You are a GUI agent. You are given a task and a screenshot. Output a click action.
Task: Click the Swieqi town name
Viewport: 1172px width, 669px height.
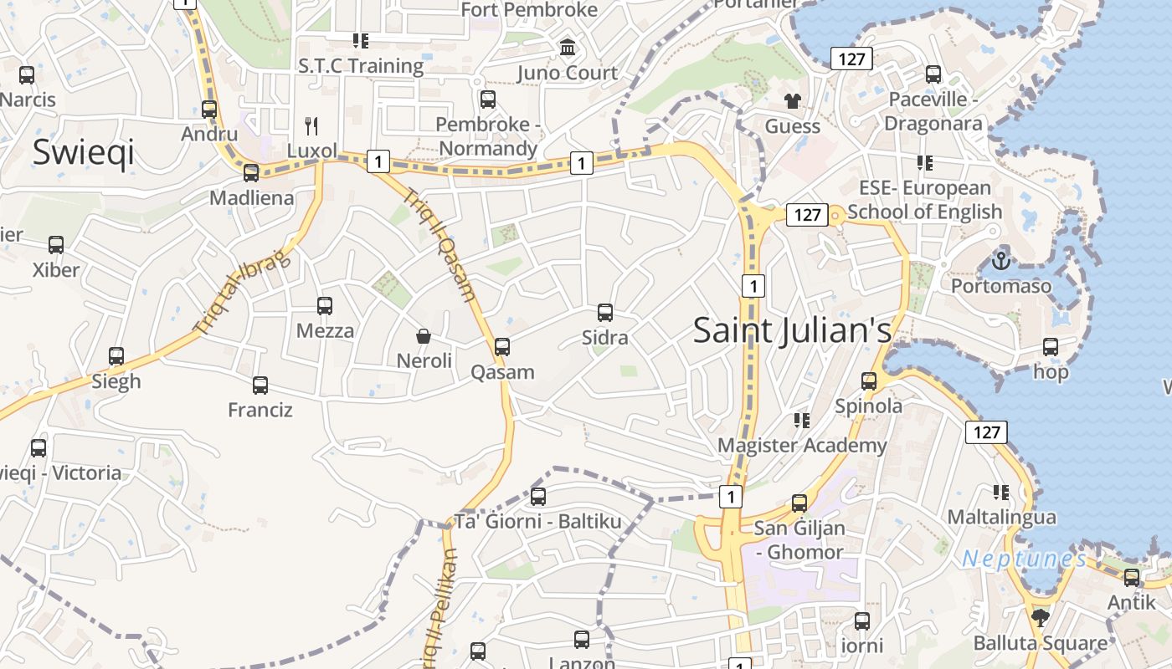coord(83,153)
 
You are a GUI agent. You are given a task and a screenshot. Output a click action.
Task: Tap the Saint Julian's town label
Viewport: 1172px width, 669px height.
coord(792,330)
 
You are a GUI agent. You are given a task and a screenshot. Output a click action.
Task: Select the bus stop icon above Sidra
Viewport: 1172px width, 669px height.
coord(605,313)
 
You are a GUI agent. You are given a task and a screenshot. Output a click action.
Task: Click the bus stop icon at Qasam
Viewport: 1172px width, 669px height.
coord(502,346)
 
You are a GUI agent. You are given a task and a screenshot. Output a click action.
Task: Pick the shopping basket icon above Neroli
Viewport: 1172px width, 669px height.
coord(424,336)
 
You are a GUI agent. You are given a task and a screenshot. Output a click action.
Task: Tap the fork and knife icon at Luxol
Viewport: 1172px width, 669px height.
coord(311,126)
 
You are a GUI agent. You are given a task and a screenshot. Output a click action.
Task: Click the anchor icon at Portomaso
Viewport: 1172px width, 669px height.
coord(1000,261)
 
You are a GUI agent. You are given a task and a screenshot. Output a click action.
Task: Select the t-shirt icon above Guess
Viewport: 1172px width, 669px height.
coord(792,101)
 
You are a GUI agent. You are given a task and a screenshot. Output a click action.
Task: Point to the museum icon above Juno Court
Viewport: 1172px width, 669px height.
coord(568,48)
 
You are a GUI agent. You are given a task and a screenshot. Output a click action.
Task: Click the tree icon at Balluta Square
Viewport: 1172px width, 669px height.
coord(1041,618)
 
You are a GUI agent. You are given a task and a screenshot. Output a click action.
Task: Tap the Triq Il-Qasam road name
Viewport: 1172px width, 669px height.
coord(440,245)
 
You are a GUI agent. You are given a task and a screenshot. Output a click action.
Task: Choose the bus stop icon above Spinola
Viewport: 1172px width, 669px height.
coord(869,381)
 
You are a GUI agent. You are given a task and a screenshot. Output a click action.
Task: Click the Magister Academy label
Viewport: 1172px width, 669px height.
coord(801,445)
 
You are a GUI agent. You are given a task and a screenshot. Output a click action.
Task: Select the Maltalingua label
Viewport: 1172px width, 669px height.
coord(1001,517)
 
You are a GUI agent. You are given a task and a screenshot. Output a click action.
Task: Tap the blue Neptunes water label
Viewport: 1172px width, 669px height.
coord(1023,559)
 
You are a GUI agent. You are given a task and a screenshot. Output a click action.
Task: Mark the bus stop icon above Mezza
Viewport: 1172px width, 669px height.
coord(325,306)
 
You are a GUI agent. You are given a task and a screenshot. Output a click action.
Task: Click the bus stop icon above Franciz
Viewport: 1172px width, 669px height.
coord(260,386)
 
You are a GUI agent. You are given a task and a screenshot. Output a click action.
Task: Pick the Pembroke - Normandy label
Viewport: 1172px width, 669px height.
coord(488,136)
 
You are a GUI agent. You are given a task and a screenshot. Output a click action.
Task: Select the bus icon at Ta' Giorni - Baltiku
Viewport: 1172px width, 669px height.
coord(538,497)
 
